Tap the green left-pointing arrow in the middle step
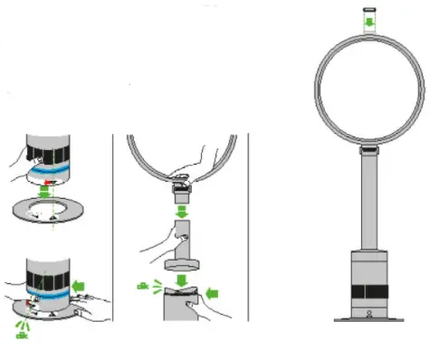(x=213, y=292)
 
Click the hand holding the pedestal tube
(x=159, y=237)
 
